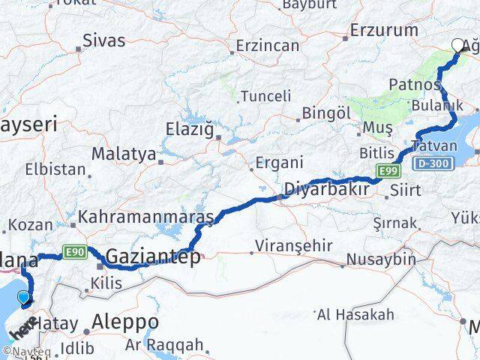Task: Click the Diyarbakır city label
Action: coord(326,189)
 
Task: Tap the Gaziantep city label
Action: coord(153,258)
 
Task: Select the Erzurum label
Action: coord(385,31)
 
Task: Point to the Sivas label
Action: coord(104,40)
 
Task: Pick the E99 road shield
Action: coord(388,171)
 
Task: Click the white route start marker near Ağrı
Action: coord(458,45)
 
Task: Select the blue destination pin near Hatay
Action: coord(24,298)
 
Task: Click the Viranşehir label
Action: coord(287,245)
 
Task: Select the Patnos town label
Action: coord(409,84)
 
